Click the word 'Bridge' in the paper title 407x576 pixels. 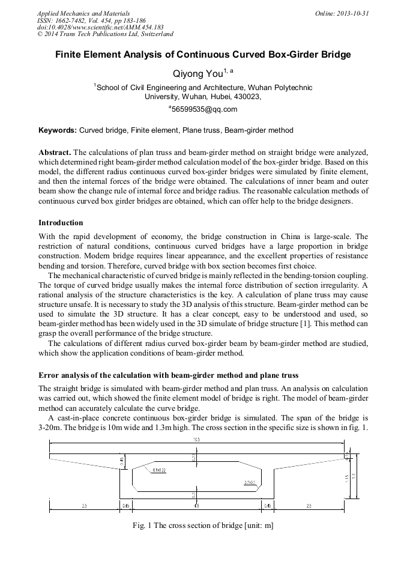[331, 55]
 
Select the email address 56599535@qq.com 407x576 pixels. [204, 109]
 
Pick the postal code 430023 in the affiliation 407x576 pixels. [247, 96]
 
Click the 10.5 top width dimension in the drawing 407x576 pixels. [196, 440]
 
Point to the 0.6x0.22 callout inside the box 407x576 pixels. [159, 470]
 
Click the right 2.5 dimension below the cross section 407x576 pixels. [309, 506]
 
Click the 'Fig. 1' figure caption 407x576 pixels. [203, 526]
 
